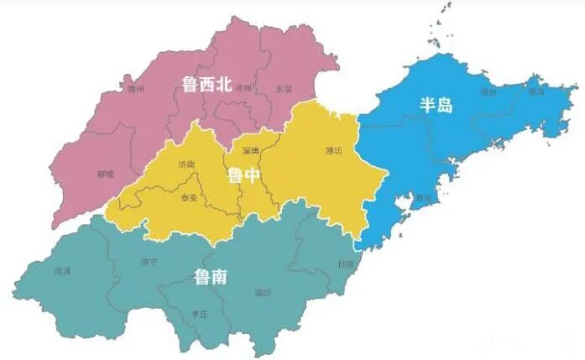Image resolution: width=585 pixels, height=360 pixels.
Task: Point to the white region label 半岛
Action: tap(436, 105)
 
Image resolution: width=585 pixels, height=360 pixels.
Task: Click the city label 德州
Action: tap(134, 87)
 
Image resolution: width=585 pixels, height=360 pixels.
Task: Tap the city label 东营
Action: tap(284, 89)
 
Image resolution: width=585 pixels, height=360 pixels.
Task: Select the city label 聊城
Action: tap(105, 175)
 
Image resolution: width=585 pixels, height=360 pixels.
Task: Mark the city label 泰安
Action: tap(190, 199)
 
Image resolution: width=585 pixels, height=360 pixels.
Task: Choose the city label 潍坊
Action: tap(334, 151)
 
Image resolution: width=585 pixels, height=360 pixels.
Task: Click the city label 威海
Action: tap(537, 91)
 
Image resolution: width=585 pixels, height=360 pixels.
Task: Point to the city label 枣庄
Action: tap(199, 313)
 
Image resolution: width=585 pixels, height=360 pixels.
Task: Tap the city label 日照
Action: tap(345, 263)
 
